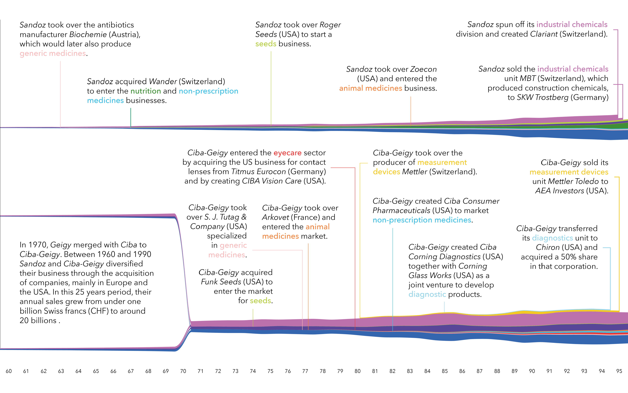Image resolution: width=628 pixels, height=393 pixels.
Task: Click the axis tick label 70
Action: pos(183,371)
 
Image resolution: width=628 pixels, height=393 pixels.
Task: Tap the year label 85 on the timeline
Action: pos(445,371)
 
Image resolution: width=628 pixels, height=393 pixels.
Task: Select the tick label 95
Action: pos(619,371)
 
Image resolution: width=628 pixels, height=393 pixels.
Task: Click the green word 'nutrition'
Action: pos(146,91)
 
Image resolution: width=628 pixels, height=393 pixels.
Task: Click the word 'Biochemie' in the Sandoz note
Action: pos(88,34)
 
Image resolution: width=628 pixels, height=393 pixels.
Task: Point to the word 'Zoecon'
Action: pos(423,69)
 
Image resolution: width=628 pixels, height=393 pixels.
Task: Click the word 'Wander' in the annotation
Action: pos(163,81)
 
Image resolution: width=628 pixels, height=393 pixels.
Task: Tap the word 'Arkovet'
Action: pos(275,217)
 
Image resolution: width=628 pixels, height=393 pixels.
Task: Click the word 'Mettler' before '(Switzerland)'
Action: pos(415,172)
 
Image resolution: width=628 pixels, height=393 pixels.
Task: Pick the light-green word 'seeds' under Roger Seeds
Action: pos(266,44)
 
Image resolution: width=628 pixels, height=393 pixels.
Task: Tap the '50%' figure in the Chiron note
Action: pos(568,257)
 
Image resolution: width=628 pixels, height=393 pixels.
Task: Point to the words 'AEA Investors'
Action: pos(560,191)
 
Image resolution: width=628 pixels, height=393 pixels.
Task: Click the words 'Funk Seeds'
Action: pos(221,282)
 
